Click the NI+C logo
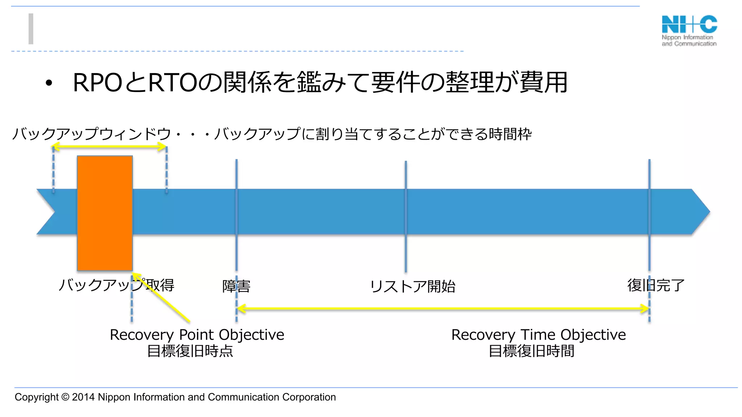pyautogui.click(x=689, y=30)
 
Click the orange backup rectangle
pyautogui.click(x=105, y=213)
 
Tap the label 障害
pyautogui.click(x=236, y=286)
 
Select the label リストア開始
pyautogui.click(x=412, y=286)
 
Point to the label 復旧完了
pyautogui.click(x=656, y=285)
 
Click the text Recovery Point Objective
pyautogui.click(x=197, y=335)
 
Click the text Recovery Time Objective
pyautogui.click(x=538, y=335)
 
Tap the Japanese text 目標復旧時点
pyautogui.click(x=190, y=351)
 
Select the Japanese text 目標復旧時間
pyautogui.click(x=531, y=351)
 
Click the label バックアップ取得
pyautogui.click(x=116, y=285)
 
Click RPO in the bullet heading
pyautogui.click(x=97, y=83)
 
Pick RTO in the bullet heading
pyautogui.click(x=172, y=83)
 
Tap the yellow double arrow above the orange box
pyautogui.click(x=109, y=147)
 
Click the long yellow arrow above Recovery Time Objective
pyautogui.click(x=442, y=309)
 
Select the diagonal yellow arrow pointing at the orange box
pyautogui.click(x=161, y=297)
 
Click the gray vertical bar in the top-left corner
pyautogui.click(x=31, y=29)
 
